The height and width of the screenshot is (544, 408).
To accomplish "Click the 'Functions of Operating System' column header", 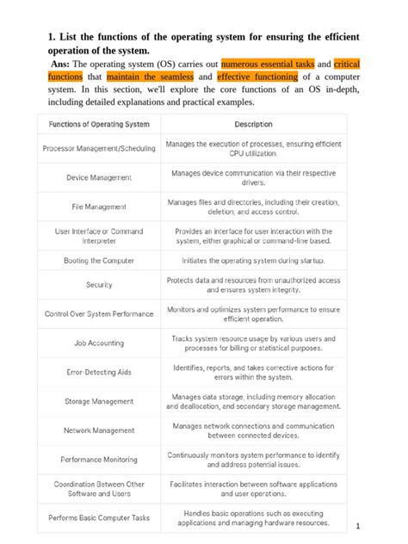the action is coord(99,124).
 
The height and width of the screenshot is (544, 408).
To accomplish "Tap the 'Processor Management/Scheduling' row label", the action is coord(99,149).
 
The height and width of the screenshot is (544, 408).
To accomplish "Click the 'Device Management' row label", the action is coord(99,177).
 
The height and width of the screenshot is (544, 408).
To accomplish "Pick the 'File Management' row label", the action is coord(99,207).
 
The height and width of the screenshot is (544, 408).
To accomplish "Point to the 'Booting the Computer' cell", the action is coord(99,259).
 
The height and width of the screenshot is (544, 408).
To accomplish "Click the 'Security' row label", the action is coord(99,284).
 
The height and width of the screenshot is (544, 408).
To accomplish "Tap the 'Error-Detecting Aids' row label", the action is coord(99,372).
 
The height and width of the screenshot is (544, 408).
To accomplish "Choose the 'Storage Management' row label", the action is coord(99,401).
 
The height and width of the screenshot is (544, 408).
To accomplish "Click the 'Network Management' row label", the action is coord(99,430).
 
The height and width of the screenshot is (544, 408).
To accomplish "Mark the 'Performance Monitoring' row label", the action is coord(99,460).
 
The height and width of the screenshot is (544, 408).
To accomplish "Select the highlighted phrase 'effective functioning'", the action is coord(257,76).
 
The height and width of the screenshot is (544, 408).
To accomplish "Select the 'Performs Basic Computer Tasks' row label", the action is coord(99,517).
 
